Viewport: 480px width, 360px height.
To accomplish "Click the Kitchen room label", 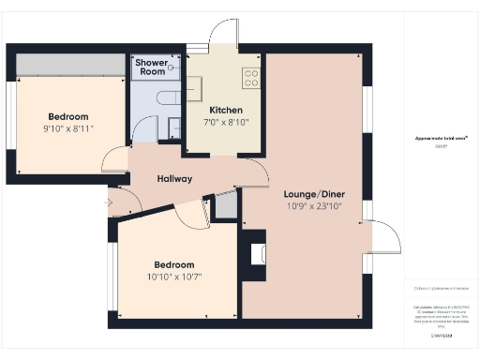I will [225, 110].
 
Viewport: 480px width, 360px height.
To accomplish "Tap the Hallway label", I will [174, 178].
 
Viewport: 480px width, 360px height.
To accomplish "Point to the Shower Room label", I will [151, 67].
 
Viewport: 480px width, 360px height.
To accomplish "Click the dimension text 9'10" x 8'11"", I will [68, 128].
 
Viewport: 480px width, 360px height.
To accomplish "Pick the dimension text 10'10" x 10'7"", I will [174, 277].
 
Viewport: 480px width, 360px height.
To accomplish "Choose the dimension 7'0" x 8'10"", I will [225, 122].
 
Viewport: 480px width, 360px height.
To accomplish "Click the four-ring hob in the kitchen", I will [251, 78].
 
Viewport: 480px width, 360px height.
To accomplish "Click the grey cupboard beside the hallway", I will [225, 207].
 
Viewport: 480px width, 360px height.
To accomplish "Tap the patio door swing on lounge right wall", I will [382, 235].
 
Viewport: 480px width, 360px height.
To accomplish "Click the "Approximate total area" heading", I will [441, 138].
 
